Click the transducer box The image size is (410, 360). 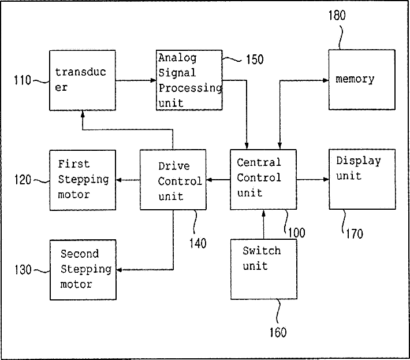(82, 80)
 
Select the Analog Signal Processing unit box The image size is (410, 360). (189, 80)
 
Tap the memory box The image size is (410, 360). (361, 79)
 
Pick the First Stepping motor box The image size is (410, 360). (82, 179)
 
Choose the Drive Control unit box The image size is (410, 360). (173, 179)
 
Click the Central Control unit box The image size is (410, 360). (263, 179)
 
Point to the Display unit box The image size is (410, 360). (361, 179)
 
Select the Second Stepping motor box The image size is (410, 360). (82, 269)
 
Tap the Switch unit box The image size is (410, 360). (263, 269)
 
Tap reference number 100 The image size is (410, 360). (296, 233)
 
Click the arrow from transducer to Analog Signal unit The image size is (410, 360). (136, 81)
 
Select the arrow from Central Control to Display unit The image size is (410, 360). (312, 180)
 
